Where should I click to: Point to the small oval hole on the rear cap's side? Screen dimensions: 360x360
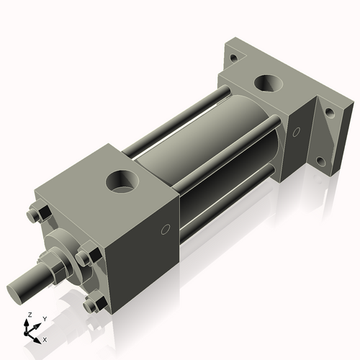point(295,131)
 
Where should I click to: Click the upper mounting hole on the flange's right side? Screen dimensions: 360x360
point(329,113)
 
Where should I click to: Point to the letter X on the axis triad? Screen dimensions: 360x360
point(45,338)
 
